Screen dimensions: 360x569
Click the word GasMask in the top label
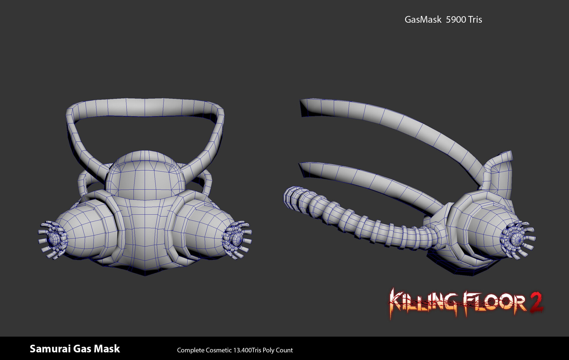[x=423, y=20]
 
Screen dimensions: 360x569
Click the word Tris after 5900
[x=475, y=20]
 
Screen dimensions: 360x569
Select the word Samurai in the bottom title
[x=50, y=349]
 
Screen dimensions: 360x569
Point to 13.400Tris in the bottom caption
[x=247, y=350]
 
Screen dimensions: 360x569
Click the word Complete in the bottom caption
[x=191, y=350]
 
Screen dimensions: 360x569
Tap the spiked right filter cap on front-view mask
[x=237, y=239]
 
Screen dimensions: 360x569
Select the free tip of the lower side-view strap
[x=303, y=169]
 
